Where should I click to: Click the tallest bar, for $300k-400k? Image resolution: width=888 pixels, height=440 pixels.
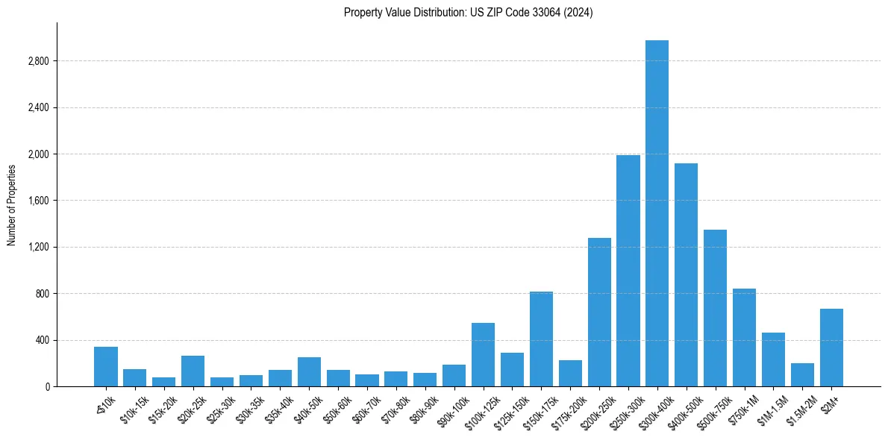tap(657, 213)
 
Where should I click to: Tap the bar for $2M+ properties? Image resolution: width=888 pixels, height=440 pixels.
tap(831, 348)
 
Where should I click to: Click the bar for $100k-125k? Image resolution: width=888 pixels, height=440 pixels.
tap(483, 355)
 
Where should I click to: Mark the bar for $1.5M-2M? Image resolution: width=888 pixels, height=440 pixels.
tap(802, 375)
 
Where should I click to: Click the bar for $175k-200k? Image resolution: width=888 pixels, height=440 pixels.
tap(570, 374)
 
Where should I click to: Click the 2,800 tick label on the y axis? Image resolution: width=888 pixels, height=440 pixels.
tap(38, 61)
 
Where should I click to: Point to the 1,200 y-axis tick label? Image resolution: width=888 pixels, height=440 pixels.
tap(38, 247)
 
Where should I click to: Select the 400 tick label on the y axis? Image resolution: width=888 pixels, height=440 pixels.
tap(42, 340)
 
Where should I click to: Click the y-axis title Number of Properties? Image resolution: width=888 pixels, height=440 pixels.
tap(11, 205)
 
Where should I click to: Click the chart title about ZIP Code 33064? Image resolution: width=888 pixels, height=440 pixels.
tap(468, 13)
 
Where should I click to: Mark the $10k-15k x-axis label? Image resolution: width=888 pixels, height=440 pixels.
tap(129, 409)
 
